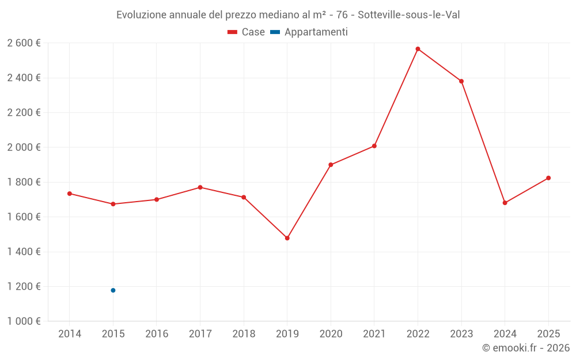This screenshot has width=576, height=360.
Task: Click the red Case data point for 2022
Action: pyautogui.click(x=418, y=49)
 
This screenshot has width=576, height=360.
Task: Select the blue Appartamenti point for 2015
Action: pyautogui.click(x=113, y=290)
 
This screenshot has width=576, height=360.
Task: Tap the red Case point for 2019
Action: pyautogui.click(x=287, y=238)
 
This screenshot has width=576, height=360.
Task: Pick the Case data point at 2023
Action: pyautogui.click(x=461, y=81)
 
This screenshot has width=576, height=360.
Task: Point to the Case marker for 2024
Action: pyautogui.click(x=505, y=203)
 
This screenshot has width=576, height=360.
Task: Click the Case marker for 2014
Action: pyautogui.click(x=70, y=194)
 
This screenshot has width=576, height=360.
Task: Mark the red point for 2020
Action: pyautogui.click(x=331, y=165)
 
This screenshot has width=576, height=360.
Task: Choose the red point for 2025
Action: pyautogui.click(x=548, y=178)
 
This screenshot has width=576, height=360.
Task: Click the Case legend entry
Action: pyautogui.click(x=246, y=32)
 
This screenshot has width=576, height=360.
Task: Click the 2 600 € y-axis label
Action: pyautogui.click(x=24, y=43)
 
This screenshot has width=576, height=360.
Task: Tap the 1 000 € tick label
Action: pyautogui.click(x=24, y=321)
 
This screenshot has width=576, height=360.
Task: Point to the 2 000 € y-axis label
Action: pyautogui.click(x=24, y=147)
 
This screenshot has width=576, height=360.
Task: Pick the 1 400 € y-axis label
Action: pyautogui.click(x=24, y=252)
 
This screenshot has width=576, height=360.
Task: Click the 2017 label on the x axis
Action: pyautogui.click(x=200, y=334)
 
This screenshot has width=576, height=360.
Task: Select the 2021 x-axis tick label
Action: pyautogui.click(x=374, y=334)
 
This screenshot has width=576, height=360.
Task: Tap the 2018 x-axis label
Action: pyautogui.click(x=244, y=334)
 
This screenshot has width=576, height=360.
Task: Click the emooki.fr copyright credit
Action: pyautogui.click(x=525, y=348)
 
